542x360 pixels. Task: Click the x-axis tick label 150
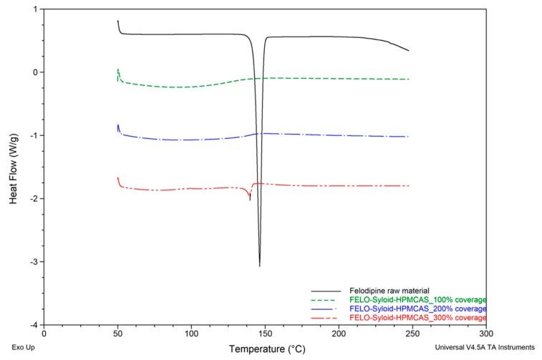pyautogui.click(x=264, y=334)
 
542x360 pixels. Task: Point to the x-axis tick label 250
pyautogui.click(x=412, y=334)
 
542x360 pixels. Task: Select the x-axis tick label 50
pyautogui.click(x=117, y=334)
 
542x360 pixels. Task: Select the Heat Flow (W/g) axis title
pyautogui.click(x=14, y=167)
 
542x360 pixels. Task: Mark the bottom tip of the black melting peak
pyautogui.click(x=259, y=266)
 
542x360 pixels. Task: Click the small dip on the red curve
pyautogui.click(x=250, y=200)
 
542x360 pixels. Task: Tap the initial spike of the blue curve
pyautogui.click(x=117, y=125)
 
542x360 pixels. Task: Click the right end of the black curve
pyautogui.click(x=408, y=51)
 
